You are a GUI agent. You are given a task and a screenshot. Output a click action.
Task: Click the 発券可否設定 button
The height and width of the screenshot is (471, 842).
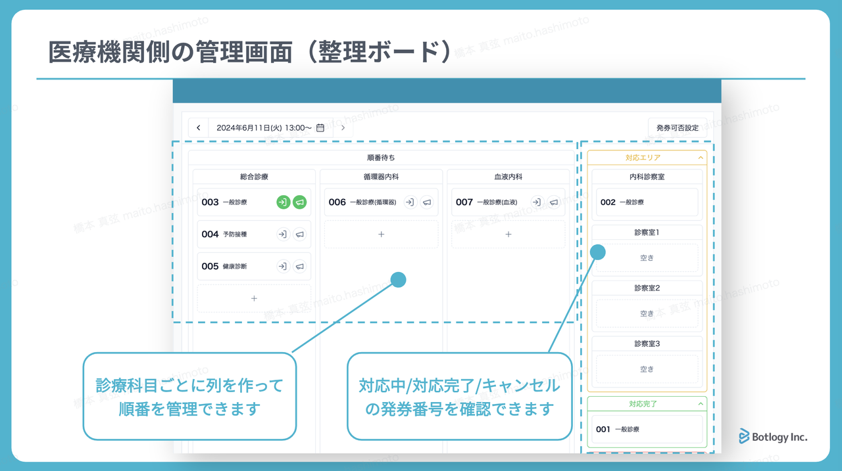coord(677,127)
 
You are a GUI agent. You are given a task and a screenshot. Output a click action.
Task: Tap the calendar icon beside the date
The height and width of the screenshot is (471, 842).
coord(320,127)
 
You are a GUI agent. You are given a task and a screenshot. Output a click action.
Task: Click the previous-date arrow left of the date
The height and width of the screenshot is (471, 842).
coord(199,127)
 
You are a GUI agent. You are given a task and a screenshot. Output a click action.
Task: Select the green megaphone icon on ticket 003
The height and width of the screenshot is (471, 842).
coord(300,202)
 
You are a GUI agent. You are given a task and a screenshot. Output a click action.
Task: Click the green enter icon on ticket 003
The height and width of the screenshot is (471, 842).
coord(283,202)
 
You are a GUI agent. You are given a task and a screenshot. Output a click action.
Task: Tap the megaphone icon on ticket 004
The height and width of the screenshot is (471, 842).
coord(300,234)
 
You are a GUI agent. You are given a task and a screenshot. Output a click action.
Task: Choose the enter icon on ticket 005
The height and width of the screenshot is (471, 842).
coord(283,266)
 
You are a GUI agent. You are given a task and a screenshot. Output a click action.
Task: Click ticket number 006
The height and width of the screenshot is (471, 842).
coord(337,202)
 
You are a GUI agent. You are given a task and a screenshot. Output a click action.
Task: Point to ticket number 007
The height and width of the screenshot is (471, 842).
coord(464,202)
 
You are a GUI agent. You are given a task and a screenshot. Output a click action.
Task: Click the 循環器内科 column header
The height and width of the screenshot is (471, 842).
coord(381,177)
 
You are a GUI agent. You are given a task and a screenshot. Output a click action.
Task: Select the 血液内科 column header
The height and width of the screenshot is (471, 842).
coord(508,177)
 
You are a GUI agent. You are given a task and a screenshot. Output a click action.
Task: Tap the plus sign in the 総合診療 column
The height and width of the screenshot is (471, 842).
coord(254,298)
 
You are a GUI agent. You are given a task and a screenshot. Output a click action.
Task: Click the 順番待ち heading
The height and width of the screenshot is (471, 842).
coord(381,158)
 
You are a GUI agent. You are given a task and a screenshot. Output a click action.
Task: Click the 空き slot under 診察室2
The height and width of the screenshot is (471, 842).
coord(647,313)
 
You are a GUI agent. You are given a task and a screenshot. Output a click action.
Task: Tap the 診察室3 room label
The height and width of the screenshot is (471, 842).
coord(647,344)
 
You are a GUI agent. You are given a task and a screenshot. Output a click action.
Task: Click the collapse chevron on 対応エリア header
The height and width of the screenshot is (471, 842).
coord(701,158)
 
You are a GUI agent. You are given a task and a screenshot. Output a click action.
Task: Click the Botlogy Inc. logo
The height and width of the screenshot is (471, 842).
coord(773,437)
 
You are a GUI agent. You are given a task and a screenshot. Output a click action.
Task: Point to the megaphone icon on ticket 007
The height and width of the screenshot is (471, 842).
coord(554,202)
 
